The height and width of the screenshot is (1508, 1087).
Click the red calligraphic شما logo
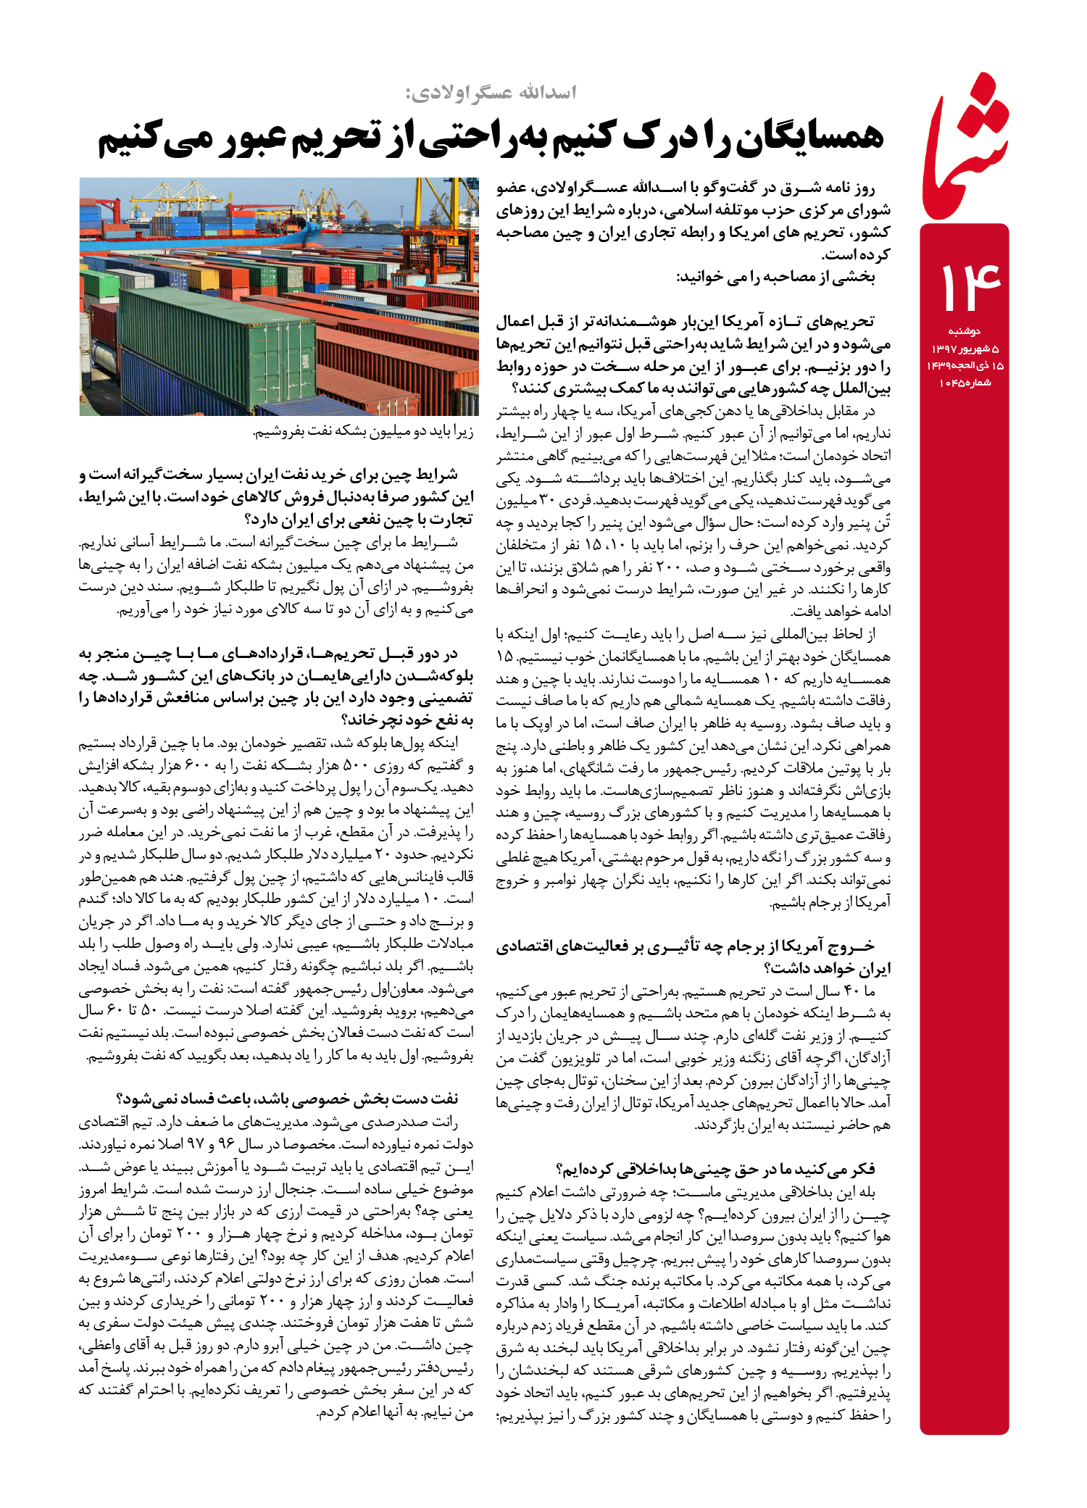967,149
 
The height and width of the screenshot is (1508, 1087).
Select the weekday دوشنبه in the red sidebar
964,331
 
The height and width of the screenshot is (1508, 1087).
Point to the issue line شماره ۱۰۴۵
965,383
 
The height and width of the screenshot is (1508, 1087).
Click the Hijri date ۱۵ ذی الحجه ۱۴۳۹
965,366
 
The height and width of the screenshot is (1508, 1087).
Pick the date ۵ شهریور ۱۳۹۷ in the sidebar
965,349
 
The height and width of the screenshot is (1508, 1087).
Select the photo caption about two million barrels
363,433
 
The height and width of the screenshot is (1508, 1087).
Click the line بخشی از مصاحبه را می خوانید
775,278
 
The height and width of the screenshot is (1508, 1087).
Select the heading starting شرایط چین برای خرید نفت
276,497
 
